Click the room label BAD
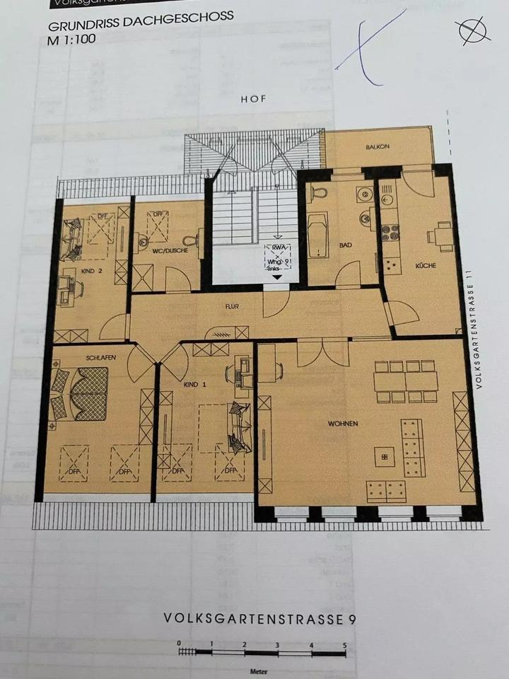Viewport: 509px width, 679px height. coord(346,245)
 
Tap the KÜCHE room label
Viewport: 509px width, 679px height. coord(426,265)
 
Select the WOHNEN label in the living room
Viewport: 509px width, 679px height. coord(343,424)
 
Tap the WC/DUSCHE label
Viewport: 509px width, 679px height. coord(165,250)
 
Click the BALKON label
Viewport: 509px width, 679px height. coord(378,147)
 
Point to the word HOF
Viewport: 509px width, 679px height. coord(253,100)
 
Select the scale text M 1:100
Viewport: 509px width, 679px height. coord(71,40)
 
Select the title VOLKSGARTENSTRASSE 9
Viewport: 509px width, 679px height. coord(259,618)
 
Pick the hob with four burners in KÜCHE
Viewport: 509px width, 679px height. coord(390,232)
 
